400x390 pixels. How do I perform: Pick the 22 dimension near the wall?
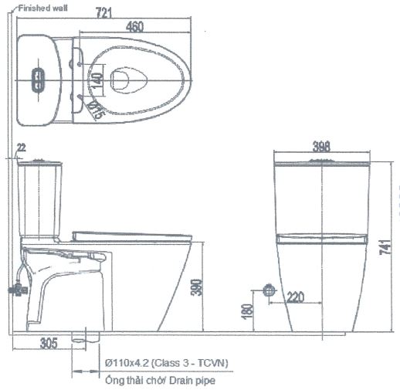[x=21, y=147]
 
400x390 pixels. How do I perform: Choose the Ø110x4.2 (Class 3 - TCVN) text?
[x=166, y=362]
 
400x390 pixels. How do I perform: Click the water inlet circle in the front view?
[x=269, y=290]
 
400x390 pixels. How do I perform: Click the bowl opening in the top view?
[x=127, y=80]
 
